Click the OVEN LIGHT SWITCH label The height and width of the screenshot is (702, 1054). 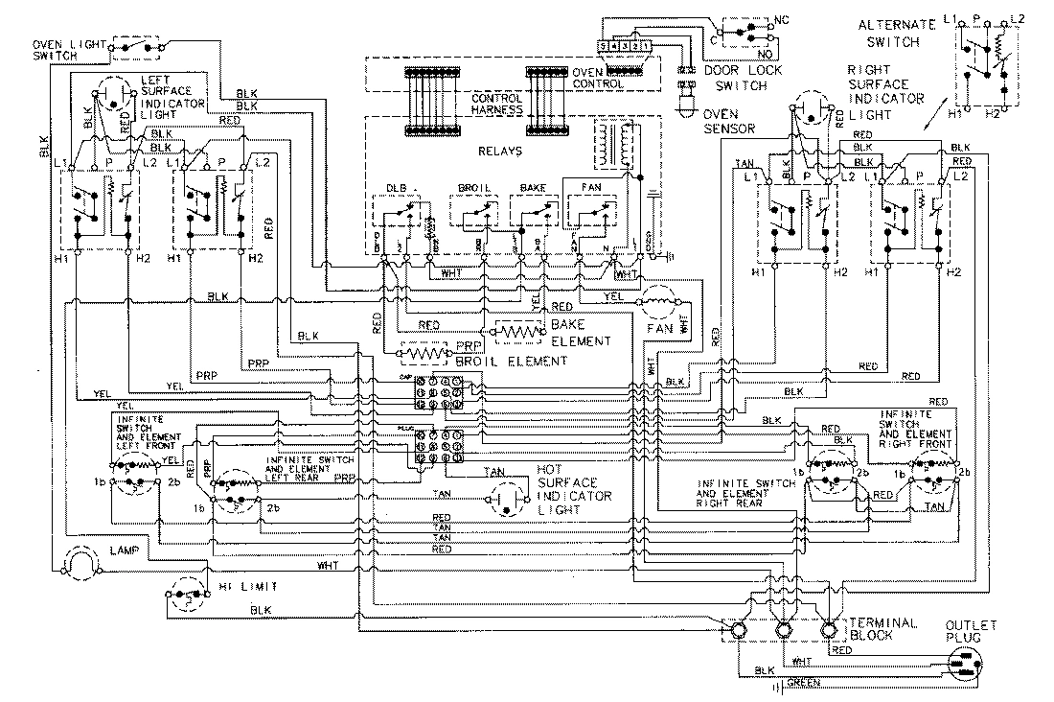67,51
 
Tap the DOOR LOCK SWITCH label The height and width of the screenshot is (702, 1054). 737,78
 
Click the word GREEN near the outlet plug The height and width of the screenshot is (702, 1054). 803,684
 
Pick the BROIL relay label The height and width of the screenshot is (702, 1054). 473,188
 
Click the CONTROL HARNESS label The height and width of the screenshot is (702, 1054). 496,105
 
